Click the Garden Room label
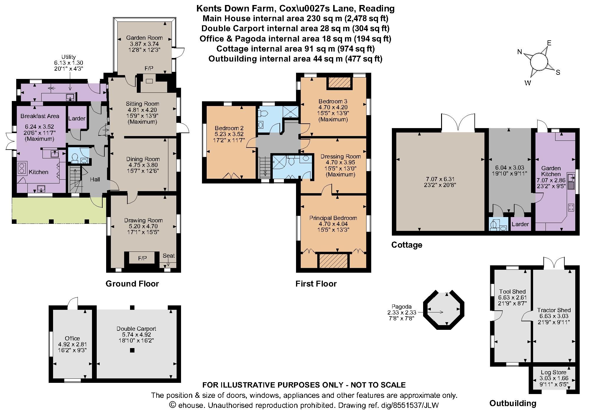tap(144, 38)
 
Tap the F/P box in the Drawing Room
tap(142, 258)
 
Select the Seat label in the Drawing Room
tap(169, 256)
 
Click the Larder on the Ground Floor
tap(77, 118)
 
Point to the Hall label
tap(95, 179)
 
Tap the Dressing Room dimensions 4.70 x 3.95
tap(341, 162)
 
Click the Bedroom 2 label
tap(229, 128)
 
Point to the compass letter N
tap(520, 52)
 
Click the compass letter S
tap(558, 72)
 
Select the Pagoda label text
tap(401, 307)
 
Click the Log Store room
tap(553, 378)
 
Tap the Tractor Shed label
tap(554, 310)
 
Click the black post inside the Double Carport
tap(132, 350)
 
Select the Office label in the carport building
tap(72, 338)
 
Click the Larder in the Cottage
tap(520, 224)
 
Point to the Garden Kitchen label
tap(551, 171)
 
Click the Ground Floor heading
tap(132, 284)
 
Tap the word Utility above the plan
tap(68, 57)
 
